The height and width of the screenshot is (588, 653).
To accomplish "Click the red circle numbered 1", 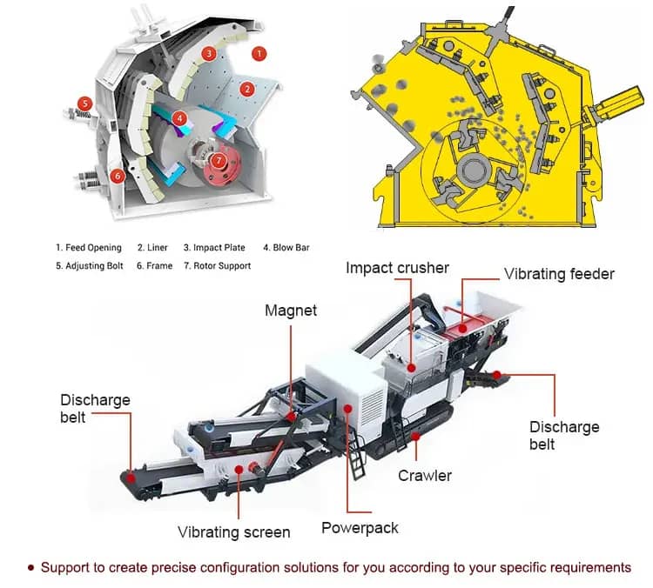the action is click(259, 54).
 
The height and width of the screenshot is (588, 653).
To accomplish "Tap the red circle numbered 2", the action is click(247, 89).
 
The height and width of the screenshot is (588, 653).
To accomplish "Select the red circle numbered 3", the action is click(209, 53).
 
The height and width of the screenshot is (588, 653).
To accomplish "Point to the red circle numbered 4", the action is click(179, 118).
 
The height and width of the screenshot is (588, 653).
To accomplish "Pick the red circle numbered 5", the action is click(85, 104).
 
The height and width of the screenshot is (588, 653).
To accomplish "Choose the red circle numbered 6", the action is click(118, 176).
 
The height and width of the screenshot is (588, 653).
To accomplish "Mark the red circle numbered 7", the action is click(219, 161).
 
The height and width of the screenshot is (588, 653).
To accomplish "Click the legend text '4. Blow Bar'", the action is click(286, 248).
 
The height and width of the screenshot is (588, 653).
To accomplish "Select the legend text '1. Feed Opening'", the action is click(89, 248).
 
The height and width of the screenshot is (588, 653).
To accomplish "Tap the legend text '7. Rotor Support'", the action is click(218, 266).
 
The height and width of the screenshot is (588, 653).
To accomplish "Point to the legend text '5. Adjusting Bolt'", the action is click(90, 266).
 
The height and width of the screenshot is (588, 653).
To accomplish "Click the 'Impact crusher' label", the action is click(397, 268).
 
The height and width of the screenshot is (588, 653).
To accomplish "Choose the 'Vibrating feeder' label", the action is click(559, 274).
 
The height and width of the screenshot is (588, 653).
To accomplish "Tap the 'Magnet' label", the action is click(291, 311).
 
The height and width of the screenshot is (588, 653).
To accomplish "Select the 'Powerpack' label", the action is click(360, 528).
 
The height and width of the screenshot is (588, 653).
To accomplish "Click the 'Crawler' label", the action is click(425, 476).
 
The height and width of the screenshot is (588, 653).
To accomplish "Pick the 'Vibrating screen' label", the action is click(234, 532).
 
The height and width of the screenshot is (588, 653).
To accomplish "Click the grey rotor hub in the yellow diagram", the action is click(473, 170).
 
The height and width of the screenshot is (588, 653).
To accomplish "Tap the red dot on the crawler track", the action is click(415, 436).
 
